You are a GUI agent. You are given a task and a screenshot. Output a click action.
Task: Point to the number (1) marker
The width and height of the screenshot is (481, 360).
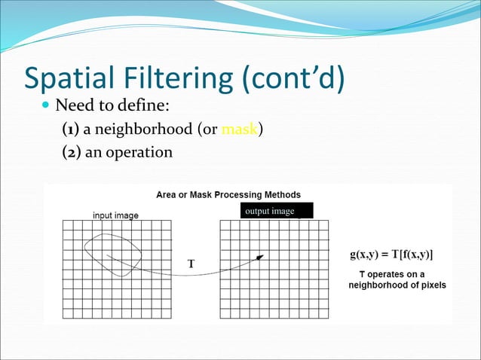[72, 129]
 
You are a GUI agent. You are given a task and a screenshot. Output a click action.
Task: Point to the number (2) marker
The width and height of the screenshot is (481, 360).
[72, 152]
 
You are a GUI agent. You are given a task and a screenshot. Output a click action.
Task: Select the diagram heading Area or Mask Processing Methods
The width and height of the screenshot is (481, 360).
[228, 194]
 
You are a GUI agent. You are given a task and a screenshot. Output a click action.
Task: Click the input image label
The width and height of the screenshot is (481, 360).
[115, 215]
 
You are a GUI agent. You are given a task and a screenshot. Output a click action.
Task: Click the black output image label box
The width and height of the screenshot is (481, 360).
[276, 211]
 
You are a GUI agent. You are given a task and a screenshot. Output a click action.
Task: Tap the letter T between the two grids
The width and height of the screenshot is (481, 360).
[191, 264]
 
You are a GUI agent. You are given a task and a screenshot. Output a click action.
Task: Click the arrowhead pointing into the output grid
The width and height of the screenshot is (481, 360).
[260, 258]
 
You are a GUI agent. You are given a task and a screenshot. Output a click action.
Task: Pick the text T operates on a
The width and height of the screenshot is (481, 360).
[391, 273]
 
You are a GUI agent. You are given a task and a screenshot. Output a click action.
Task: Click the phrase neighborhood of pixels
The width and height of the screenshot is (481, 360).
[397, 285]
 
